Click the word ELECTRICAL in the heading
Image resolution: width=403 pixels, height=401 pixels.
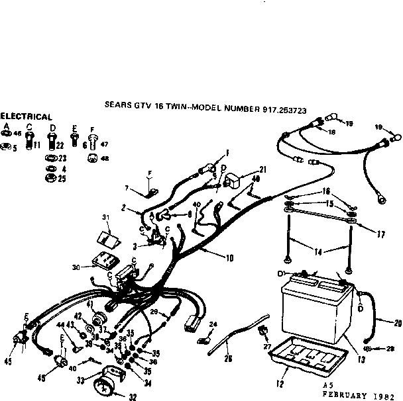pos(26,116)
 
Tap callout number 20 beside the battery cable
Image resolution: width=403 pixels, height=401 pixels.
pos(397,324)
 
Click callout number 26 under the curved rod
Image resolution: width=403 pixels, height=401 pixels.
pos(229,359)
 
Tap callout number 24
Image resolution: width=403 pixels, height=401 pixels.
pos(213,324)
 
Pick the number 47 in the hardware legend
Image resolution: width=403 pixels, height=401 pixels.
pos(105,144)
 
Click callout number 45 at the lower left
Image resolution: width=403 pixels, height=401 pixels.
pos(7,361)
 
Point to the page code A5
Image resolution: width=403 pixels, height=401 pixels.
pos(327,383)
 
